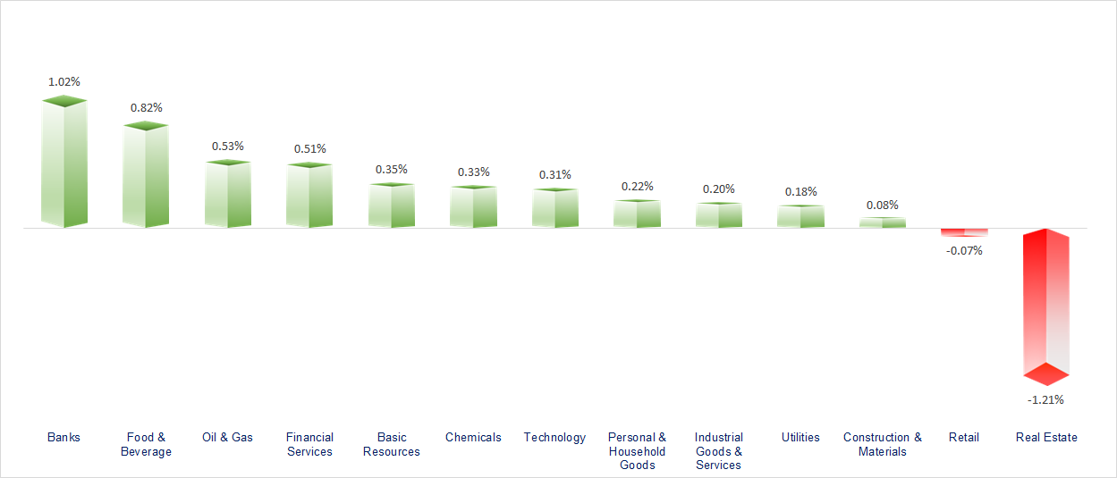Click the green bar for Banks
[64, 163]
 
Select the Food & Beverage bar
[146, 176]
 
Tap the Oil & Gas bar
[227, 194]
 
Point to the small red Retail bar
[964, 232]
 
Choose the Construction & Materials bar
[883, 222]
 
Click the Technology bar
[554, 208]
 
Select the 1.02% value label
[64, 81]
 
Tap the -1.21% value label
[1045, 399]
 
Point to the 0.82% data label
[146, 107]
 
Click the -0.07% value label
[964, 250]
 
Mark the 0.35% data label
[391, 169]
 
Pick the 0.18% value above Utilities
[800, 191]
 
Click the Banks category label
[63, 437]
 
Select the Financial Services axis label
[309, 444]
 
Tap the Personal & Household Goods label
[637, 451]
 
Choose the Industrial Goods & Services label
[719, 451]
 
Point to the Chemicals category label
[473, 437]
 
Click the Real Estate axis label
[1046, 437]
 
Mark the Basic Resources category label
[391, 444]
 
